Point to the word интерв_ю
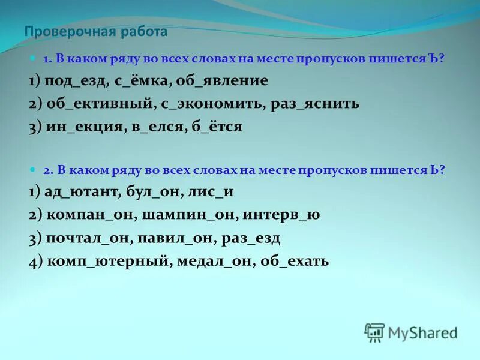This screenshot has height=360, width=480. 290,215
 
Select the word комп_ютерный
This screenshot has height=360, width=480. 101,262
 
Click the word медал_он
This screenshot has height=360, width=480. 217,262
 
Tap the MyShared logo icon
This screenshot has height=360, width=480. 374,332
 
